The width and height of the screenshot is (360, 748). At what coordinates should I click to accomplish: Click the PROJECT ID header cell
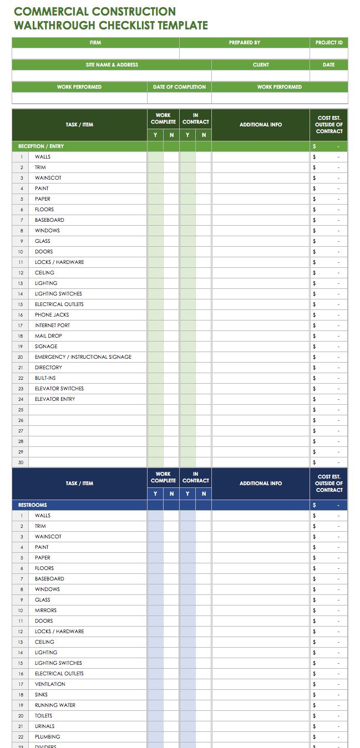(329, 43)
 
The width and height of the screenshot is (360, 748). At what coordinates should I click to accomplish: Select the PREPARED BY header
(245, 43)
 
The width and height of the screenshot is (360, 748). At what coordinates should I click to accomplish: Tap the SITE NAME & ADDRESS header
(111, 65)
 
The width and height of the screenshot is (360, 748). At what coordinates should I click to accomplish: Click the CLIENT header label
(261, 65)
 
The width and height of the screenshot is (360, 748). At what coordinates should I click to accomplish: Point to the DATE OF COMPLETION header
(179, 87)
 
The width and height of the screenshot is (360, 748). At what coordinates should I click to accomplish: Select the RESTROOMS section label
(33, 505)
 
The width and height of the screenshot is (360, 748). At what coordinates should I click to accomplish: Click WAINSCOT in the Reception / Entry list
(48, 178)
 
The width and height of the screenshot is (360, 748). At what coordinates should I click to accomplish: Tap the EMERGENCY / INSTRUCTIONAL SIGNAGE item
(83, 357)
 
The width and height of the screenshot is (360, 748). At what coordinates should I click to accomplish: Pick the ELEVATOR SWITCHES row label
(59, 389)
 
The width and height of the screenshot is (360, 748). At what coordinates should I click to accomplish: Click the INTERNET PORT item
(53, 325)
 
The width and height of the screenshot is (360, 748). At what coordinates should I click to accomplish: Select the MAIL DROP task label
(49, 336)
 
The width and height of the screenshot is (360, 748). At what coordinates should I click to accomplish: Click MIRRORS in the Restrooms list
(46, 610)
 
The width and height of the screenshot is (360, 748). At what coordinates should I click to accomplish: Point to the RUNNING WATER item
(55, 705)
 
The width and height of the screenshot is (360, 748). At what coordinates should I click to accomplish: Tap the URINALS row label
(45, 726)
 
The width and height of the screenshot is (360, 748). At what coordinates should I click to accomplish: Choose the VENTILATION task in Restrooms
(50, 684)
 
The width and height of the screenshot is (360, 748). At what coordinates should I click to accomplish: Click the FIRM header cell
(95, 43)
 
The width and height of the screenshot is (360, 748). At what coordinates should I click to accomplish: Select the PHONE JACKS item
(52, 315)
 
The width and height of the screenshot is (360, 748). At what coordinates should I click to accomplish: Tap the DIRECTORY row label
(49, 368)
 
